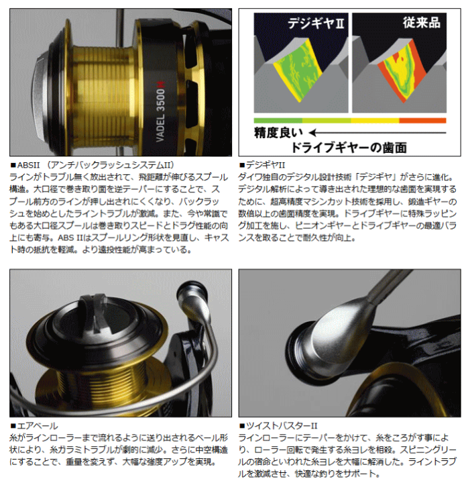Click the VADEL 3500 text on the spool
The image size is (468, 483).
click(x=161, y=115)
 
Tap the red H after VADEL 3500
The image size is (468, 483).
click(x=161, y=84)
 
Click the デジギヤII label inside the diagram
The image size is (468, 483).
click(x=316, y=23)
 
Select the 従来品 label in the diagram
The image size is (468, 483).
click(x=421, y=23)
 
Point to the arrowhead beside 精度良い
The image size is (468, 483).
click(x=313, y=133)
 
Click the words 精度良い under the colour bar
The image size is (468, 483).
click(x=278, y=133)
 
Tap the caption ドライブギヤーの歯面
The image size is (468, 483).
click(x=349, y=148)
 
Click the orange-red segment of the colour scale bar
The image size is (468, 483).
click(x=422, y=121)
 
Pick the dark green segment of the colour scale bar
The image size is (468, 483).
click(x=278, y=121)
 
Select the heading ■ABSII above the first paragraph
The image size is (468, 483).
click(x=25, y=166)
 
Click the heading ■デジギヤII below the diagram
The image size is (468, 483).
click(x=262, y=166)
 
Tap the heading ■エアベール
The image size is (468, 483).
click(x=34, y=426)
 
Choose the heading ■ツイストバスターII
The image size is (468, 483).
click(x=278, y=426)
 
